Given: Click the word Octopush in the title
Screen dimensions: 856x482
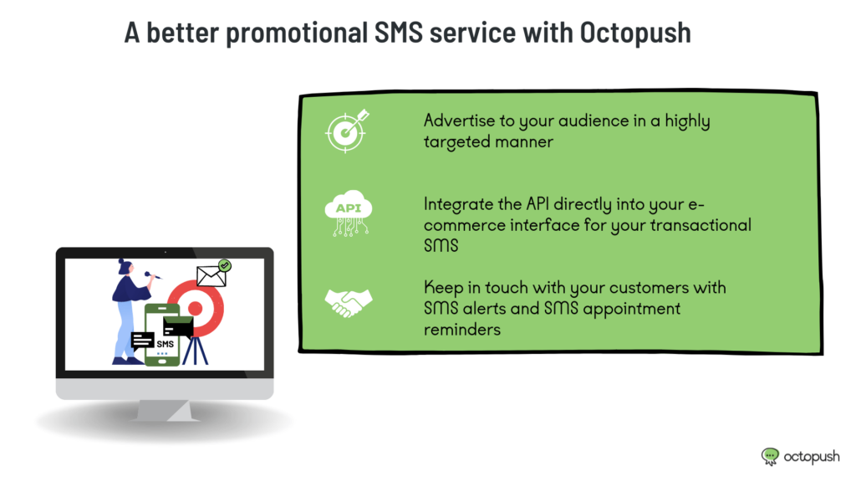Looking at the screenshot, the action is [x=635, y=33].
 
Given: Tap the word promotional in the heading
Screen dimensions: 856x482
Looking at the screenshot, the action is [x=297, y=33].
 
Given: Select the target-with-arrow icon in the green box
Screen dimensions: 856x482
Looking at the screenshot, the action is [x=347, y=131].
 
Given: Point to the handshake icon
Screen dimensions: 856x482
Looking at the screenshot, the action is [x=349, y=303].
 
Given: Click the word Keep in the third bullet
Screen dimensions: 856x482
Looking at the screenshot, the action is [x=443, y=288].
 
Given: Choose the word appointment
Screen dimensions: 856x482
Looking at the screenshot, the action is [x=632, y=310].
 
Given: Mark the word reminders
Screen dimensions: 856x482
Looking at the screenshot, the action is [x=461, y=330].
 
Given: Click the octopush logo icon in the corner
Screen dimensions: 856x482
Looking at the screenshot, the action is [x=770, y=456].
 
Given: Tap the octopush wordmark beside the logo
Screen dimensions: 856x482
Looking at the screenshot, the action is [x=812, y=457].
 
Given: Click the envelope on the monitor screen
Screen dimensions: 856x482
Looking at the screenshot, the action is [x=211, y=276].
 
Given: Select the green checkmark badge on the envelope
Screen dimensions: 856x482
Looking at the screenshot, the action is [x=224, y=265].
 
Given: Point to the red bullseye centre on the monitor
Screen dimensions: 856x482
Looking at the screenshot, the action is [x=196, y=309].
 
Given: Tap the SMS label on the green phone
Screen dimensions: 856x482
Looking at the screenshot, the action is [x=165, y=344].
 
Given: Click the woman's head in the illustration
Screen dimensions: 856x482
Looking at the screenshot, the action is [x=125, y=267].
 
